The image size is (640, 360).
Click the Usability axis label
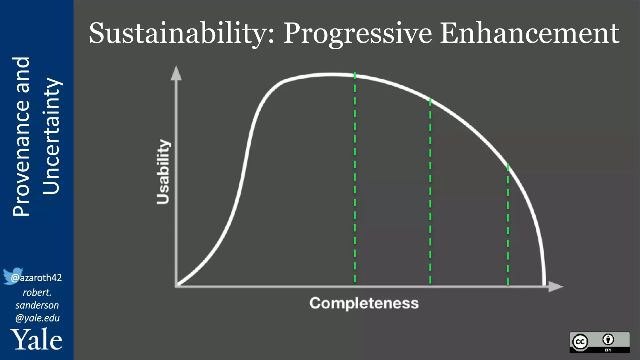tap(163, 172)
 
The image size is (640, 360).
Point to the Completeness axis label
tap(364, 303)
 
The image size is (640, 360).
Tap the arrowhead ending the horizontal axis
tap(555, 286)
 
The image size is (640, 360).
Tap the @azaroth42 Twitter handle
tap(37, 278)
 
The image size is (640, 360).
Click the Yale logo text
tap(37, 340)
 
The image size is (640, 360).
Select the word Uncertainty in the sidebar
tap(51, 136)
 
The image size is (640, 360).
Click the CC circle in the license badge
tap(580, 342)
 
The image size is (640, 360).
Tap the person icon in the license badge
tap(608, 339)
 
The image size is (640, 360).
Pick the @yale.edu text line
tap(37, 318)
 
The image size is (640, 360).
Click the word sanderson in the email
tap(37, 305)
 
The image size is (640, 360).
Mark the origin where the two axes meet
tap(177, 286)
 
